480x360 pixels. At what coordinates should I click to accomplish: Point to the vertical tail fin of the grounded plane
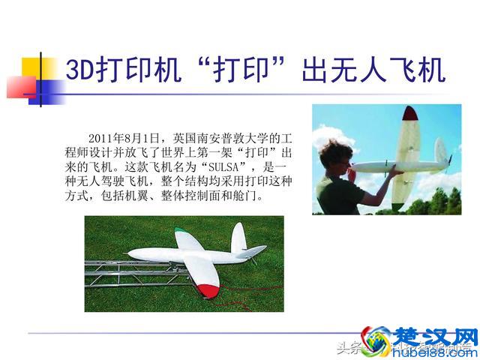coord(238,238)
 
